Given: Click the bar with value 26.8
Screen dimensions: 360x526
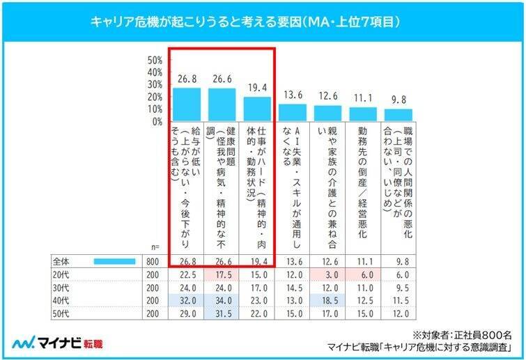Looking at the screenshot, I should pos(187,104).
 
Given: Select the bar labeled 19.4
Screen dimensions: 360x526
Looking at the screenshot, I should pos(258,109).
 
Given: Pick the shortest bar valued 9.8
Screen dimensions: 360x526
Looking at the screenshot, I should pos(399,115).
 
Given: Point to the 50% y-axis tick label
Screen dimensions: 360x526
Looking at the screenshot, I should pos(155,60).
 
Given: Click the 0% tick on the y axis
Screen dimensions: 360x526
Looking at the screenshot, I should pos(157,121).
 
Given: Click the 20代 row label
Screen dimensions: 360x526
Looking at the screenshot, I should pos(62,274).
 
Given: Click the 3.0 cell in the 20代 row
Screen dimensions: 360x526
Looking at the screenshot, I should pos(329,274).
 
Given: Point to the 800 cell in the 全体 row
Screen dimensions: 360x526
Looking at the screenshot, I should pos(151,261).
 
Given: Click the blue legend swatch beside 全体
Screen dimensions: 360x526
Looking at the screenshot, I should pos(110,261).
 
